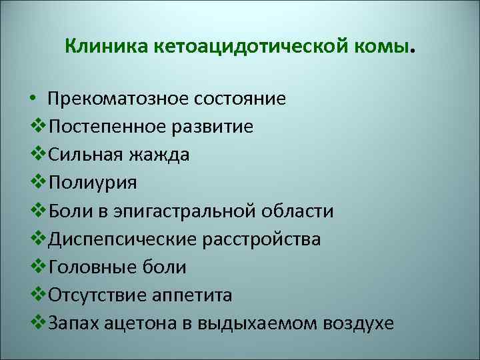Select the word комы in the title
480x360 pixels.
tap(386, 47)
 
